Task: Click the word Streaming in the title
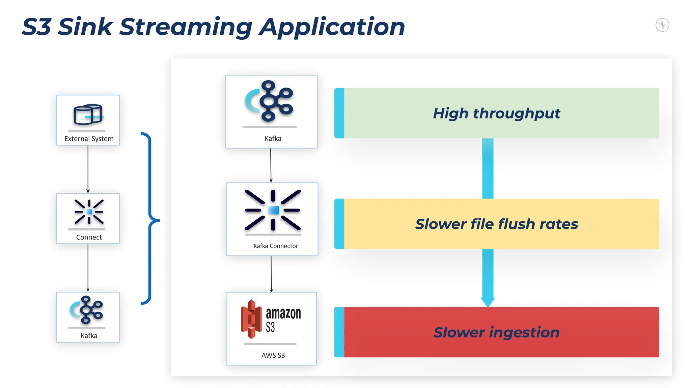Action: [x=185, y=27]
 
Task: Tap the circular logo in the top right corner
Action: [x=662, y=25]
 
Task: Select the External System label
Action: [x=89, y=139]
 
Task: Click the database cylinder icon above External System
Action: [x=88, y=115]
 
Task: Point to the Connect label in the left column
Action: [x=89, y=237]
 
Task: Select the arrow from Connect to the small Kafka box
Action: [x=88, y=268]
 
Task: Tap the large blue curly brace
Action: [x=150, y=219]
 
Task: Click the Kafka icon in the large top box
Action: [x=270, y=101]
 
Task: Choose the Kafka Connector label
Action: [x=276, y=246]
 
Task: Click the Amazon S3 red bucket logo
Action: [x=251, y=319]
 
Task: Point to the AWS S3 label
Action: [x=273, y=355]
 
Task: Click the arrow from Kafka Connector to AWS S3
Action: [x=271, y=273]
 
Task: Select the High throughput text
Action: [x=496, y=114]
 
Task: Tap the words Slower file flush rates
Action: [x=496, y=224]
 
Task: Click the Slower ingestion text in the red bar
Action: [x=496, y=332]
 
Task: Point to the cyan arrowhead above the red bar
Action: [x=488, y=302]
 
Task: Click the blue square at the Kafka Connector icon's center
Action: [x=273, y=210]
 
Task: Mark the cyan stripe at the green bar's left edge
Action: [x=339, y=113]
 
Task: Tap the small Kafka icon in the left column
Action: [x=87, y=310]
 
